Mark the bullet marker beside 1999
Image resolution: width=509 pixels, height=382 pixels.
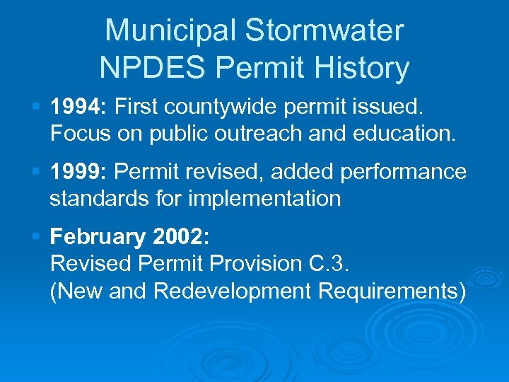38,172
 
